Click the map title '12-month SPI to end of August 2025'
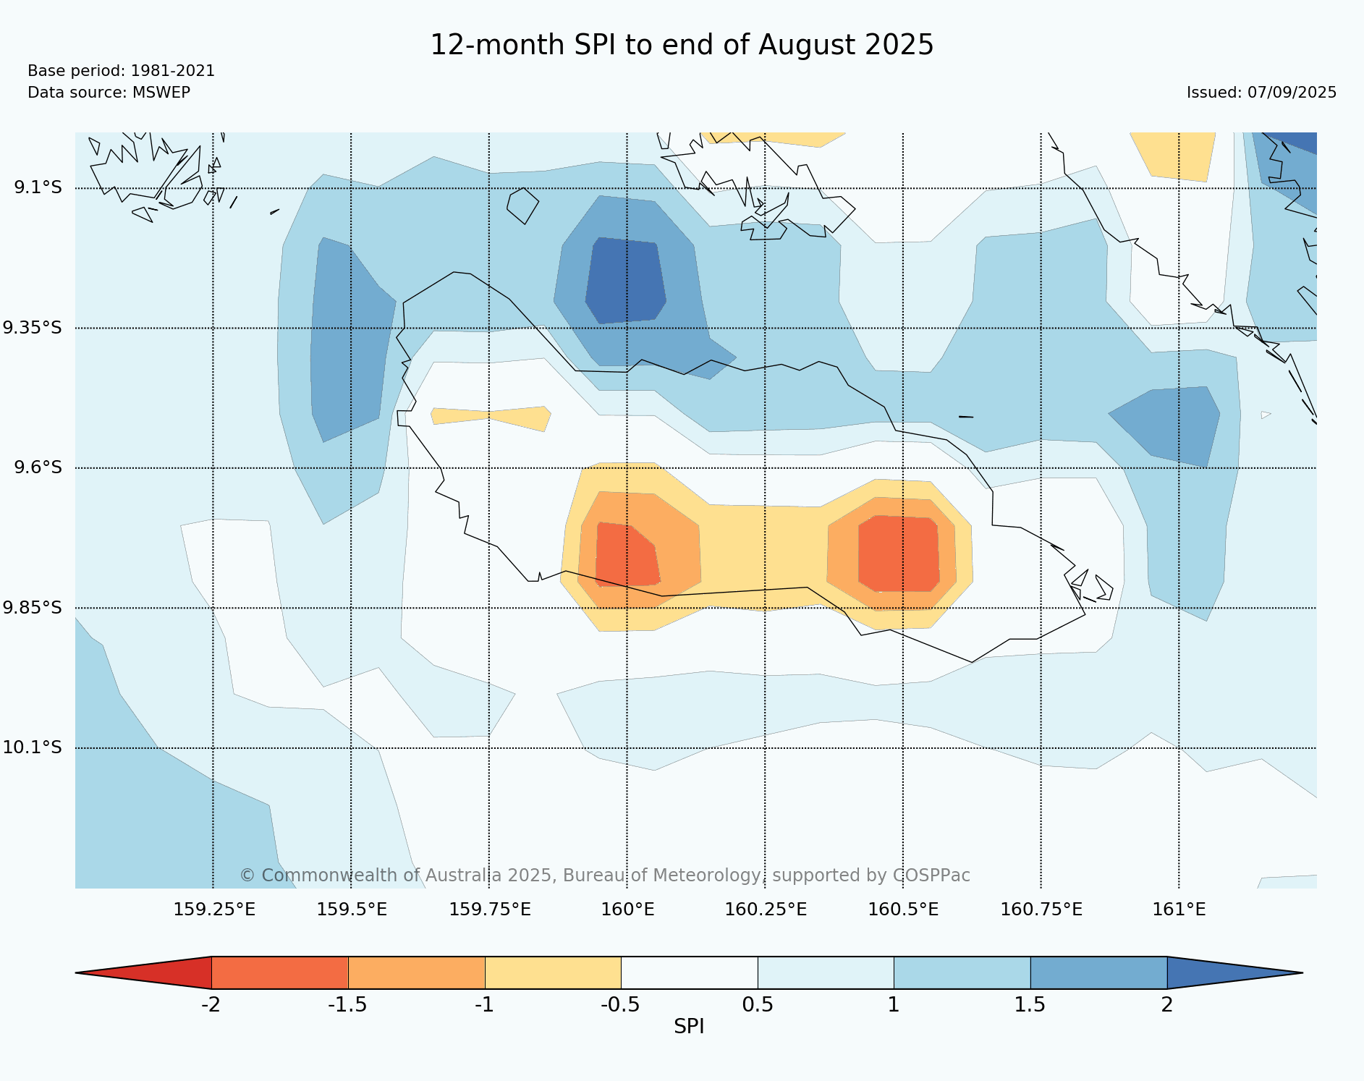point(682,45)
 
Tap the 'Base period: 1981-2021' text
point(121,71)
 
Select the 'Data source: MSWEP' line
point(109,93)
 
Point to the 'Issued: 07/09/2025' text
point(1261,93)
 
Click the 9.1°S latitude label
point(38,187)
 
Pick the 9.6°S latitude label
point(38,467)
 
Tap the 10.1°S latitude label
point(33,747)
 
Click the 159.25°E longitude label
point(214,910)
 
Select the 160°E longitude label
point(627,910)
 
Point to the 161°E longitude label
point(1179,910)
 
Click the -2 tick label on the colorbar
point(211,1004)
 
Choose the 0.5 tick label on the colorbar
point(758,1004)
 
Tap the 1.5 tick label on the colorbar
point(1030,1004)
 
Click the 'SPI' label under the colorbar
point(689,1026)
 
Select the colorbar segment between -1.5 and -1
point(416,972)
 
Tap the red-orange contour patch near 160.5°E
point(899,554)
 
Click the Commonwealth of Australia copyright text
point(604,876)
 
